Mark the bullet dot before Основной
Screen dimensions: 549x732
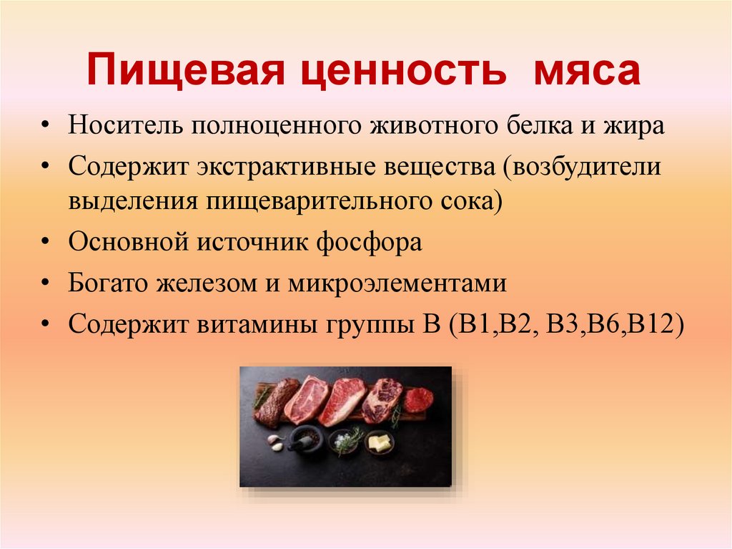coord(45,242)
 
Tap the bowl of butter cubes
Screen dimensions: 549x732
coord(380,442)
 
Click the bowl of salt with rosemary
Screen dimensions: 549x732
coord(345,441)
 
